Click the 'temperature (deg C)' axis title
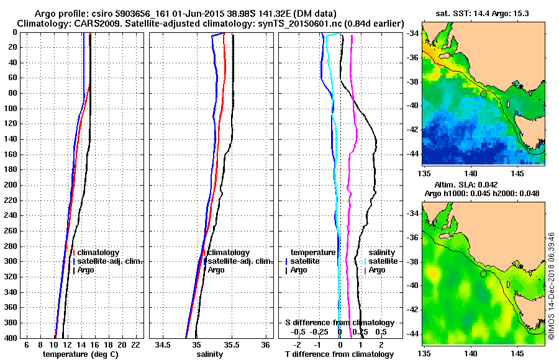pyautogui.click(x=80, y=354)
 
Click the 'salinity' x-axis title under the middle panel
pyautogui.click(x=210, y=354)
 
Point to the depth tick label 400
pyautogui.click(x=11, y=338)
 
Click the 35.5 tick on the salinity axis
pyautogui.click(x=230, y=345)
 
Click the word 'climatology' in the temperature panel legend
pyautogui.click(x=99, y=253)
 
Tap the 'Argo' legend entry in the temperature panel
pyautogui.click(x=87, y=270)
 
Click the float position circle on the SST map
pyautogui.click(x=483, y=94)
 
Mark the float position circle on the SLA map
pyautogui.click(x=483, y=274)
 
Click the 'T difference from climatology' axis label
pyautogui.click(x=339, y=354)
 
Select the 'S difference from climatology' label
pyautogui.click(x=340, y=323)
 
